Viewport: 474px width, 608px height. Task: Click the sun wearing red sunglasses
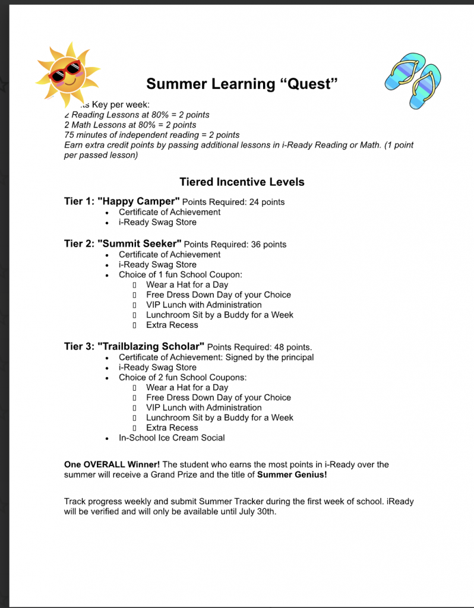point(66,73)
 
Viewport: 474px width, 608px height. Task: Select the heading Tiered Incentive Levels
point(242,182)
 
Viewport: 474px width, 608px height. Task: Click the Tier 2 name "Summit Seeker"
point(139,243)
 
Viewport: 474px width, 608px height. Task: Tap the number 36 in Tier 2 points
point(257,244)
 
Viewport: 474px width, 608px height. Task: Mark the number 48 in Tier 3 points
point(279,347)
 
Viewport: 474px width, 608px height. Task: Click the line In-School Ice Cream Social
point(172,438)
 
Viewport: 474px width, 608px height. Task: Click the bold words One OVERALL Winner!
point(112,464)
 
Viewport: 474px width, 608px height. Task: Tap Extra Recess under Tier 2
point(172,325)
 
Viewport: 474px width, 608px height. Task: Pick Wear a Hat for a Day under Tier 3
point(187,387)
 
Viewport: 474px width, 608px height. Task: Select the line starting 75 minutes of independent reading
point(151,135)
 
